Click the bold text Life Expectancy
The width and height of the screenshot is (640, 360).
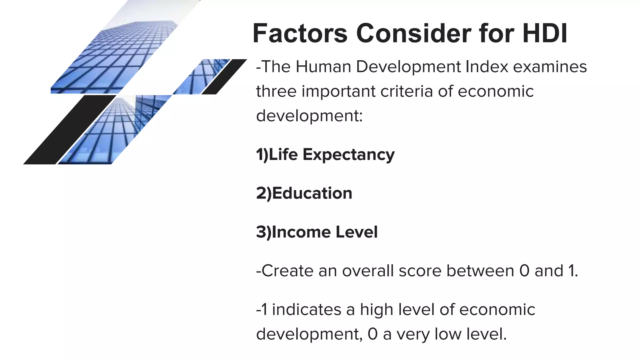pyautogui.click(x=325, y=154)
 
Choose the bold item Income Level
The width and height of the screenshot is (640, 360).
pyautogui.click(x=317, y=232)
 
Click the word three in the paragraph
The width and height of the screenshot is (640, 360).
pyautogui.click(x=276, y=91)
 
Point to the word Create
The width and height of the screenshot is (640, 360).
pyautogui.click(x=287, y=271)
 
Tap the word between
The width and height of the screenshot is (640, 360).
pyautogui.click(x=480, y=271)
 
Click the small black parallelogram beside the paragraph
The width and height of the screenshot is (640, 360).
pyautogui.click(x=224, y=77)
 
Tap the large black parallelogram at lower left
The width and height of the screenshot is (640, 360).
pyautogui.click(x=69, y=130)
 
